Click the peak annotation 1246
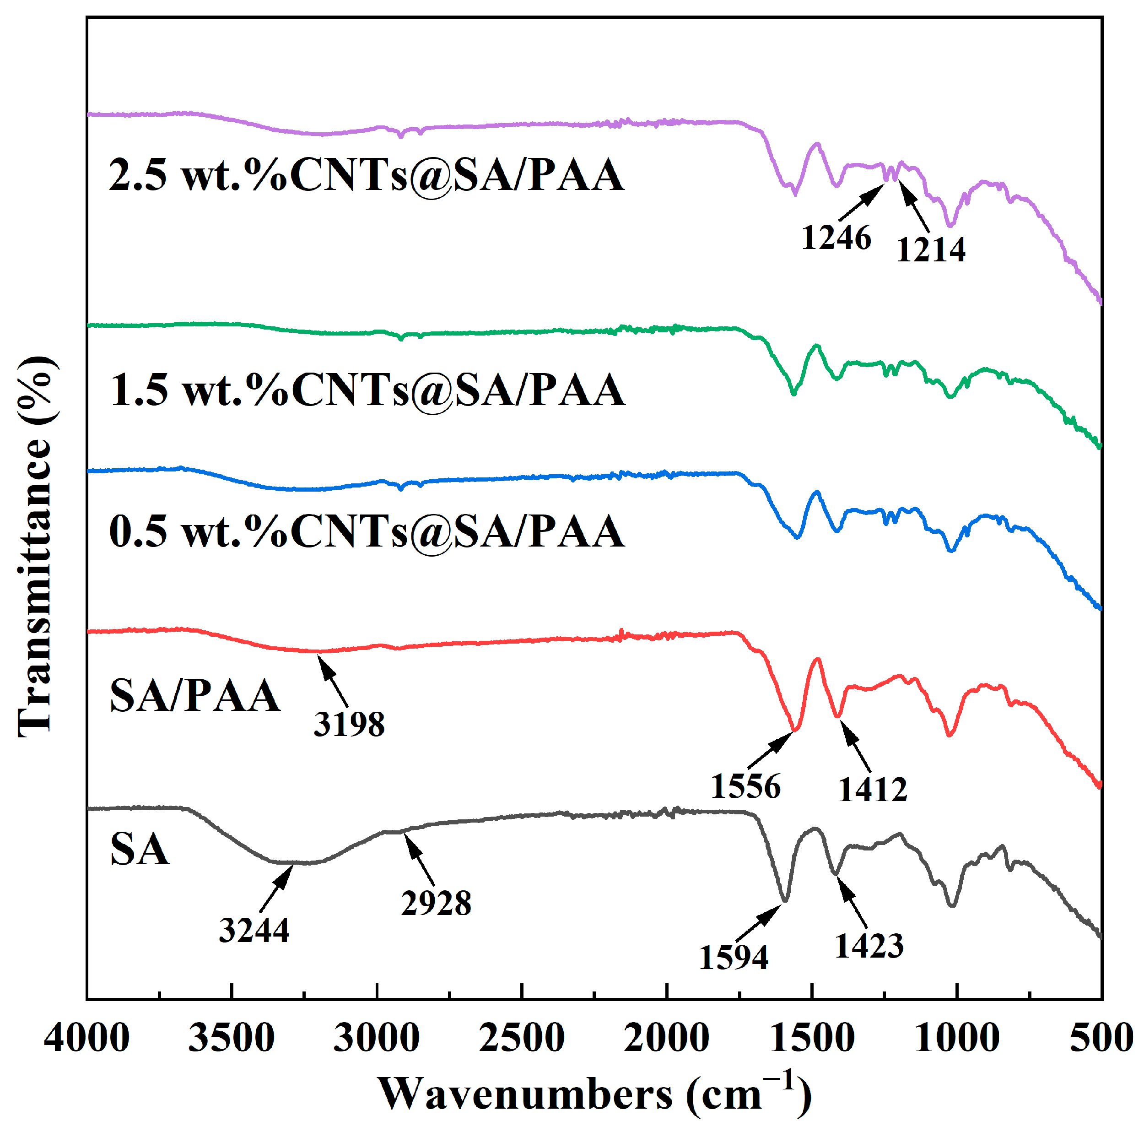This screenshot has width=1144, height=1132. point(836,238)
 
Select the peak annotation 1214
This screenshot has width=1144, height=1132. point(930,250)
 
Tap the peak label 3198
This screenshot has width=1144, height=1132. point(349,724)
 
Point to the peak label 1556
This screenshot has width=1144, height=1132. point(745,787)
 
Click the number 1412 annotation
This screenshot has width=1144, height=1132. point(872,789)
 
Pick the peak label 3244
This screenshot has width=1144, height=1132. point(254,930)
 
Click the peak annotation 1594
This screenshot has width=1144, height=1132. point(733,957)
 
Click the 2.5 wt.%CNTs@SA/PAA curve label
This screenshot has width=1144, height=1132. point(367,175)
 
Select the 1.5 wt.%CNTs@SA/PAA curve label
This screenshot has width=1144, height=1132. point(367,390)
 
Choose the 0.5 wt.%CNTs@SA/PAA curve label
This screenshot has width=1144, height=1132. point(367,531)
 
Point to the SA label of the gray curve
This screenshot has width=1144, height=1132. point(140,850)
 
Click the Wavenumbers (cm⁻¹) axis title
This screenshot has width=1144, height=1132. point(594,1094)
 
